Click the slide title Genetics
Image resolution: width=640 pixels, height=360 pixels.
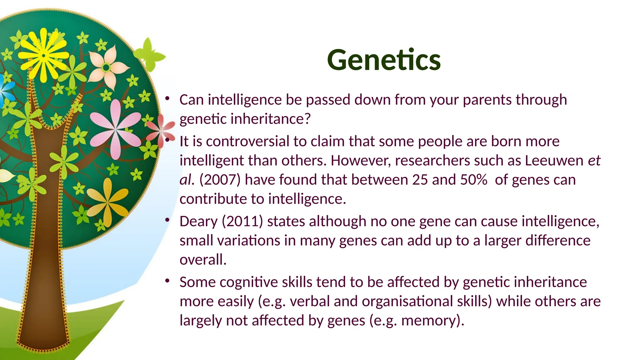point(383,60)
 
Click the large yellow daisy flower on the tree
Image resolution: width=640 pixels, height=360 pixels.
point(43,56)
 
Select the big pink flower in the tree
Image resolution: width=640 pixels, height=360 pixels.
point(116,129)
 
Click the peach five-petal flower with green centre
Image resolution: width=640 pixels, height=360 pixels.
point(107,67)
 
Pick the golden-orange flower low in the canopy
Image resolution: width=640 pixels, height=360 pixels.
point(107,202)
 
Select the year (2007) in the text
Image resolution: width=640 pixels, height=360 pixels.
point(220,180)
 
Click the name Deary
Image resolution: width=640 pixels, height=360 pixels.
point(198,222)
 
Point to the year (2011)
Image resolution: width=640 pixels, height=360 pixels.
point(242,222)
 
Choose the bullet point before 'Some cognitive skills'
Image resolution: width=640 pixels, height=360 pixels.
point(167,281)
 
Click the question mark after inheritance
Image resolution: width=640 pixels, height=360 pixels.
point(307,119)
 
